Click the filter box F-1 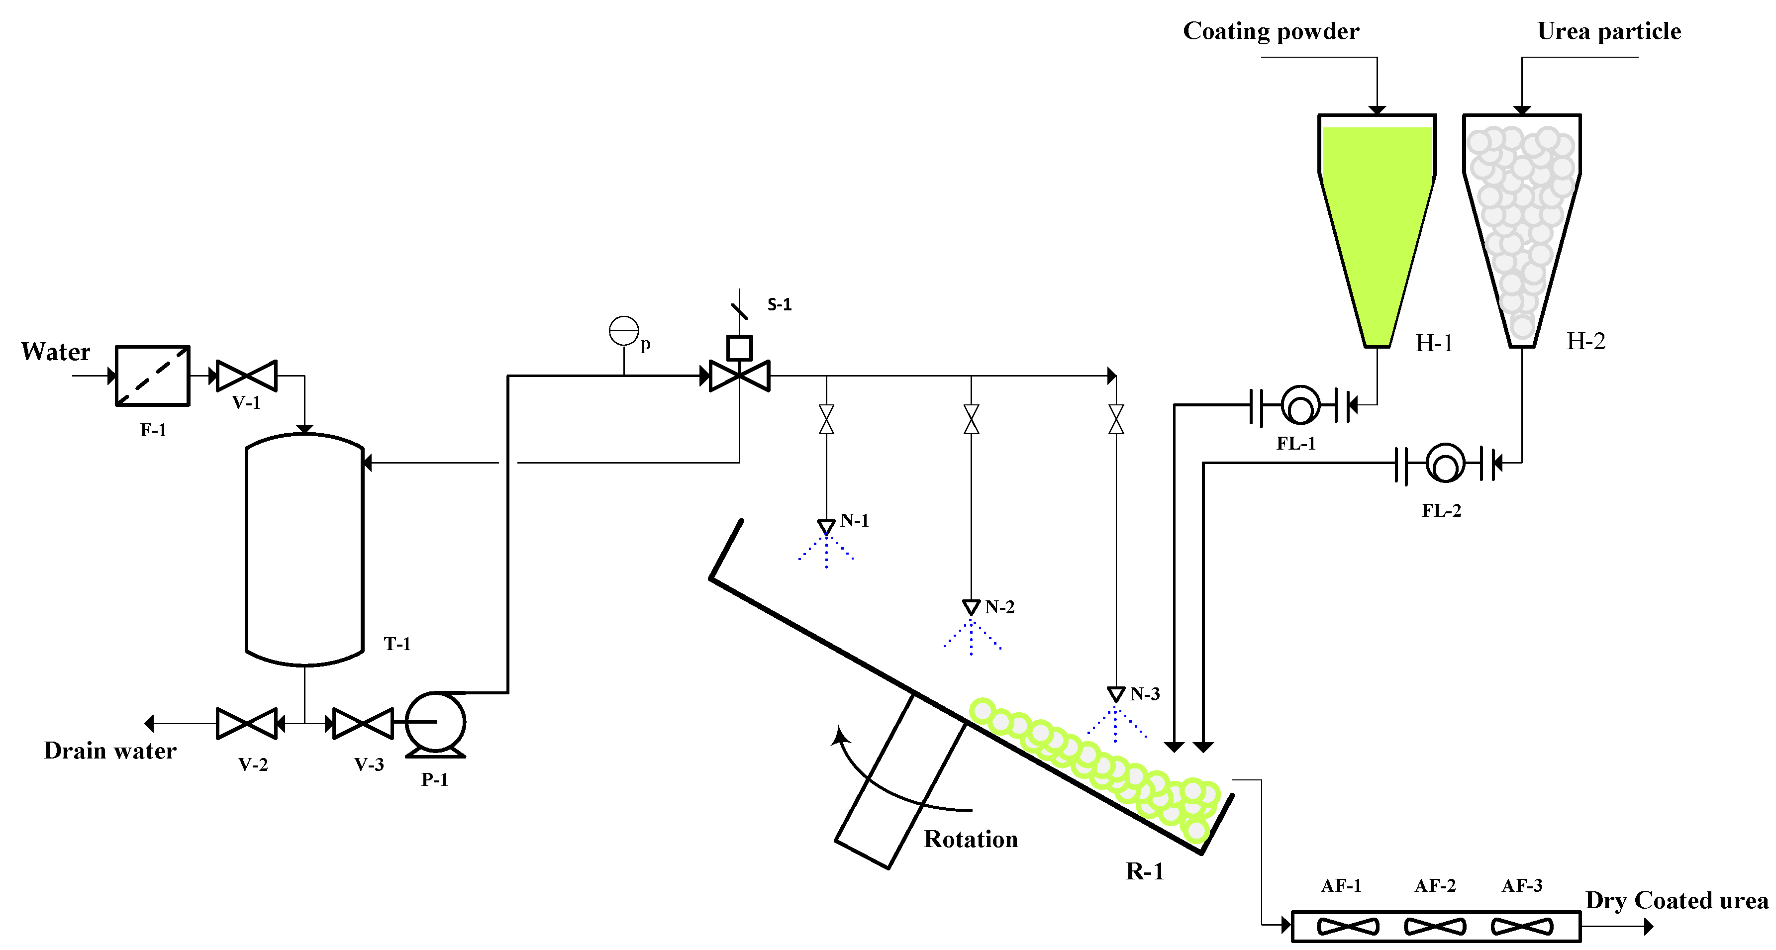click(152, 376)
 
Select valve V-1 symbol click(247, 376)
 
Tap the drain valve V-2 click(247, 723)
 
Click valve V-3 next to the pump click(363, 723)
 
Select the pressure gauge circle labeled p click(624, 331)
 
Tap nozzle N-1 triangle click(826, 527)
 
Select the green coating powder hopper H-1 click(1377, 221)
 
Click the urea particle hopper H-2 click(1522, 221)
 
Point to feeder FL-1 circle click(1300, 405)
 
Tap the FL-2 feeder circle click(1445, 463)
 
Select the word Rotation click(971, 839)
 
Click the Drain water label click(110, 751)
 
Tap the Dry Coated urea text click(1677, 900)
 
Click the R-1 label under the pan click(1145, 871)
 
